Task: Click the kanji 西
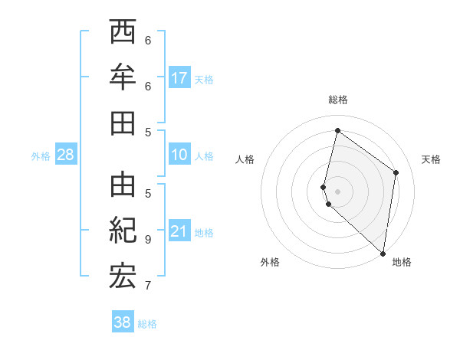click(x=123, y=32)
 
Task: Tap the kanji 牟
click(x=123, y=77)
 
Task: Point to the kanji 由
click(x=123, y=185)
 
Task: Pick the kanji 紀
click(x=123, y=231)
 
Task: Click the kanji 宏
click(x=123, y=277)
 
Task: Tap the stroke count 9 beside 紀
click(x=148, y=239)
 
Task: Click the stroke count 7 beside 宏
click(x=148, y=286)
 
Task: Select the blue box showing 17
click(x=179, y=78)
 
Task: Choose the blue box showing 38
click(x=122, y=322)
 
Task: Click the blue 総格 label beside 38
click(x=147, y=324)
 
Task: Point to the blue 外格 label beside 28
click(x=41, y=156)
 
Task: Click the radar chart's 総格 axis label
click(x=337, y=100)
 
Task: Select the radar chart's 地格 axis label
click(x=402, y=263)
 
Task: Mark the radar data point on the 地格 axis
click(x=383, y=254)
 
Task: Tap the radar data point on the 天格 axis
click(x=396, y=172)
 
